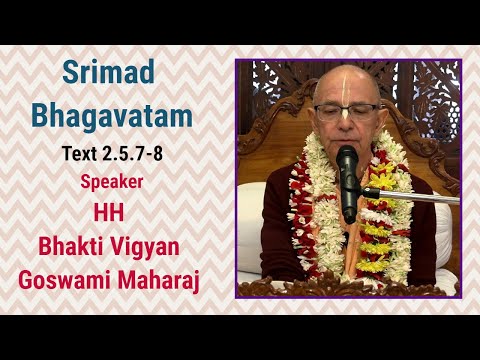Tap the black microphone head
[x=346, y=161]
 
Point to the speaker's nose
[x=348, y=122]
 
